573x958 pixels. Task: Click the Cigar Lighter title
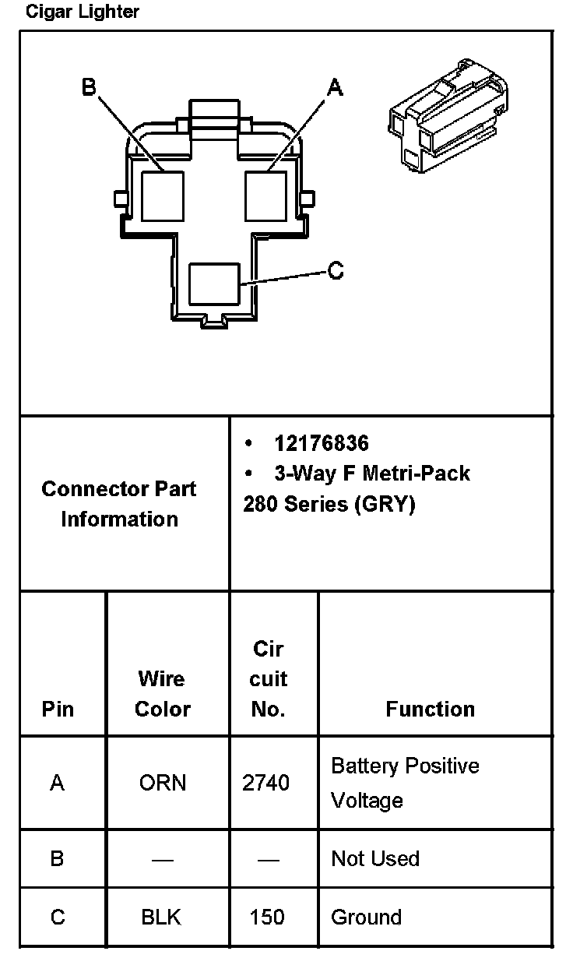[83, 12]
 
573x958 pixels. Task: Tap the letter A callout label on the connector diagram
[335, 88]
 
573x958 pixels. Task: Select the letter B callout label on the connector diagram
[89, 86]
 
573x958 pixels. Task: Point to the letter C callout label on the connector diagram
[336, 271]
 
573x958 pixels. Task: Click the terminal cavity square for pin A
[267, 195]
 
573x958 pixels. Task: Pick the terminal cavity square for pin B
[163, 195]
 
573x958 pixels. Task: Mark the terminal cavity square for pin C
[214, 284]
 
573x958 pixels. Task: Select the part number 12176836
[322, 443]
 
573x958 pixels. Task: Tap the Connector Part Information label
[119, 504]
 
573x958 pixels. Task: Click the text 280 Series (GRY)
[329, 504]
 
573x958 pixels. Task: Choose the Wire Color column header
[163, 694]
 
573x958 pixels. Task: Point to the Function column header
[430, 709]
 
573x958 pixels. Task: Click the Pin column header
[58, 709]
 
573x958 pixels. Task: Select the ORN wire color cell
[163, 783]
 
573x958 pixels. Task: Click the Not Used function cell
[375, 858]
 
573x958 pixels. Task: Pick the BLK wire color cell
[161, 917]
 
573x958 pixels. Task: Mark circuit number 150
[267, 917]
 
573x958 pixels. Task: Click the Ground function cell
[366, 917]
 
